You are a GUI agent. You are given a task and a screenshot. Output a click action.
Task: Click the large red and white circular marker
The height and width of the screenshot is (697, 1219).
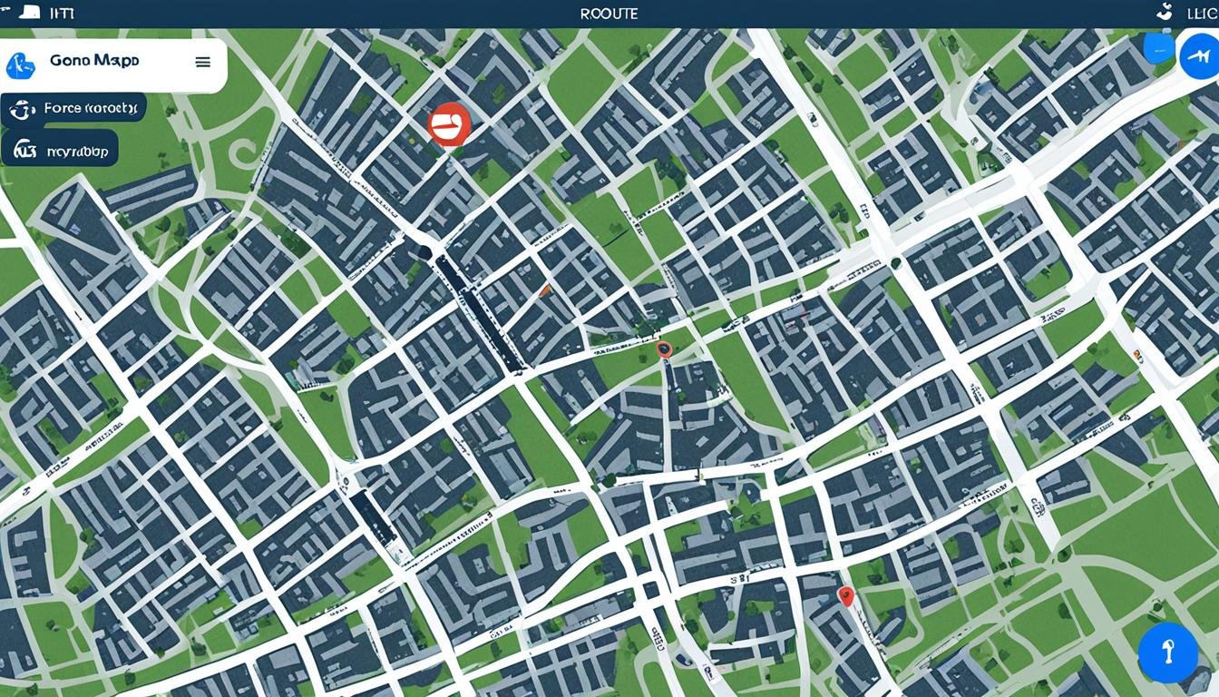[x=449, y=124]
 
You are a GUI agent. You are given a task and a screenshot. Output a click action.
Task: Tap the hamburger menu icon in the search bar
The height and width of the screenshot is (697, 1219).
[x=203, y=62]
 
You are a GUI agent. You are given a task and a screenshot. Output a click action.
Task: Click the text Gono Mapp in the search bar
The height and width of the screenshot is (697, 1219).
[x=94, y=61]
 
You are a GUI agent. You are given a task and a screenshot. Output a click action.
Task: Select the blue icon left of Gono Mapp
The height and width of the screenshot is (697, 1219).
[x=21, y=64]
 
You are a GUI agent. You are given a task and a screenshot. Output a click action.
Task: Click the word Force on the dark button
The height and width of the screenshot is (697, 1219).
[x=63, y=108]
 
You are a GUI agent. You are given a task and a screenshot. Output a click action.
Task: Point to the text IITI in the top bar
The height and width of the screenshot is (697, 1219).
[x=62, y=14]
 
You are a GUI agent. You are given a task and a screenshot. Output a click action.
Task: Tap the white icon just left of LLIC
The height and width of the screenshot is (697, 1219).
[x=1164, y=12]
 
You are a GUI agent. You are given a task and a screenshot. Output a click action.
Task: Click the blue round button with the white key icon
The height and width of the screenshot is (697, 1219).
[x=1168, y=653]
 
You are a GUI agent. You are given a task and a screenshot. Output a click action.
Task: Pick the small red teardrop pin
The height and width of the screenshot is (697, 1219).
[x=846, y=595]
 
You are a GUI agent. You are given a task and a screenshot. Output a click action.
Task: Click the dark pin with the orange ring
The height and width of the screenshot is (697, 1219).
[x=664, y=348]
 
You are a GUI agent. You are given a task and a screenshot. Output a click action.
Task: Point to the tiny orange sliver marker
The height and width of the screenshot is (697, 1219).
[x=545, y=290]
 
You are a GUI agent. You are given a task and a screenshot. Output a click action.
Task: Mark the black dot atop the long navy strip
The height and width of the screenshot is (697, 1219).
[x=424, y=251]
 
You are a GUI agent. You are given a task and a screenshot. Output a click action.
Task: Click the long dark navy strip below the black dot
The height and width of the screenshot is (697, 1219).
[x=479, y=313]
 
